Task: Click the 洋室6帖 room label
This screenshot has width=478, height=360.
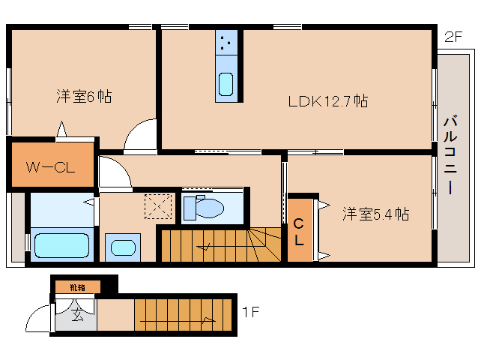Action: [x=84, y=97]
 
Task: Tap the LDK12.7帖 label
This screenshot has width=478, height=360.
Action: [x=328, y=101]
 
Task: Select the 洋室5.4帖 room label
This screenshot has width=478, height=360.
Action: [x=375, y=214]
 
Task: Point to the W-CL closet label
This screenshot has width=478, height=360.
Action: [x=51, y=167]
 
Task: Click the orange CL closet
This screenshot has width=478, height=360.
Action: [x=300, y=229]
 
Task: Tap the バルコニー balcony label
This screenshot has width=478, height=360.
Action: [x=450, y=154]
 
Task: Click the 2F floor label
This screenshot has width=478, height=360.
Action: [x=453, y=37]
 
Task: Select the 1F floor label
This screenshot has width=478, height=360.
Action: [x=250, y=312]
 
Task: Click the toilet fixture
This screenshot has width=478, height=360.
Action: [x=204, y=208]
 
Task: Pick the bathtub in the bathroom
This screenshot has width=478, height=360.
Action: [x=62, y=245]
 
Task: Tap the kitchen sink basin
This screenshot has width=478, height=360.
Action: [x=226, y=84]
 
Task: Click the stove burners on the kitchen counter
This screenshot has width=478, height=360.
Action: [x=226, y=43]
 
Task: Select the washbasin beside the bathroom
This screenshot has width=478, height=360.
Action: [x=123, y=247]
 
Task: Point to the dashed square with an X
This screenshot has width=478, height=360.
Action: [x=158, y=206]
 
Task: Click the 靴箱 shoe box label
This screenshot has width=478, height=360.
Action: [x=77, y=287]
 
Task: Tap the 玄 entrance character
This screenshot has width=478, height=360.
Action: [x=77, y=315]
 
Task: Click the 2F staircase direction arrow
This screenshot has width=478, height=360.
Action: [x=204, y=247]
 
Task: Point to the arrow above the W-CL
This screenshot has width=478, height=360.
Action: [x=62, y=129]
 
